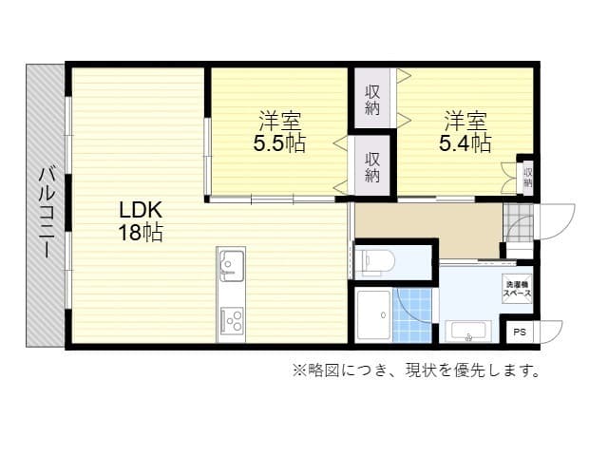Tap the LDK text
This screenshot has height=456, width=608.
point(140,210)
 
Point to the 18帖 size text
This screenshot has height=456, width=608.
point(140,233)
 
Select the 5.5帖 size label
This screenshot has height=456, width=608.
point(278,144)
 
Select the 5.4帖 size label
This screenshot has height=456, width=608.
point(465,144)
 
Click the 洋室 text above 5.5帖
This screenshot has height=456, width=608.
point(279,122)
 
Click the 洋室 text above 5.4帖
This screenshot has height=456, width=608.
point(465,122)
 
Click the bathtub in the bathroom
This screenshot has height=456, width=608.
point(373,313)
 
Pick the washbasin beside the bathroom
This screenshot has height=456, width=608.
point(466,332)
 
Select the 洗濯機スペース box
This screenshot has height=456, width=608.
point(517,290)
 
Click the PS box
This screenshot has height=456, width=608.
point(519,332)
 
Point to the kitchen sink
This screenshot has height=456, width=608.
point(231,264)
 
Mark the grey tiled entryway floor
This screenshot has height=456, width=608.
point(519,223)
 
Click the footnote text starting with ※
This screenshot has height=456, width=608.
point(416,370)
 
